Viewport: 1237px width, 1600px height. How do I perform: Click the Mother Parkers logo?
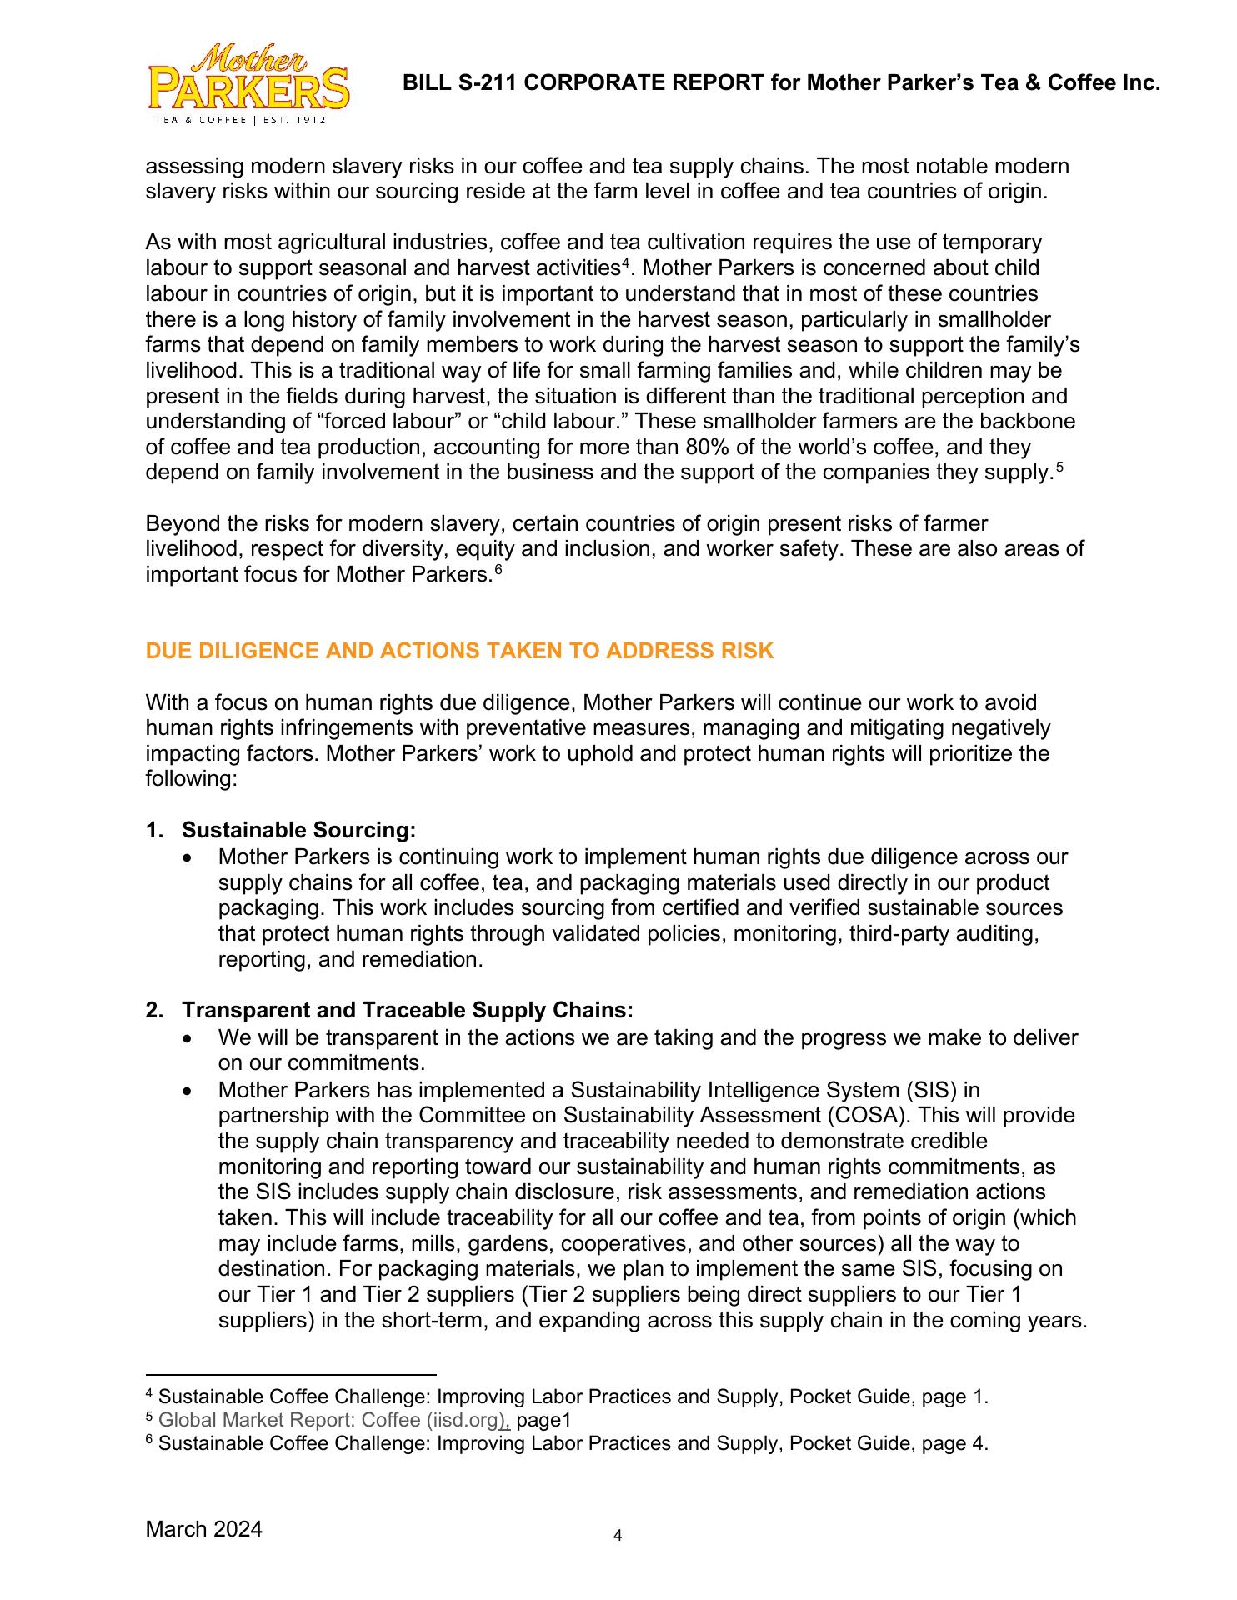pos(248,84)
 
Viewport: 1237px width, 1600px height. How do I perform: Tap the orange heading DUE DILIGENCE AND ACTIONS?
pos(459,651)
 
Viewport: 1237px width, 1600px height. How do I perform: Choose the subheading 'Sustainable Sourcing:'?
pos(298,830)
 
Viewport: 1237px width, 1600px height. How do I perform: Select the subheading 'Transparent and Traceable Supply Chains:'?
pos(408,1010)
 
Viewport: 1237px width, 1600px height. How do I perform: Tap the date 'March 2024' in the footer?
pos(203,1529)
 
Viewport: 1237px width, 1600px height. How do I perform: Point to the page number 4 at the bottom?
pos(618,1535)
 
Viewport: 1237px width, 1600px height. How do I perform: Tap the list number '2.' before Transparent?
pos(155,1010)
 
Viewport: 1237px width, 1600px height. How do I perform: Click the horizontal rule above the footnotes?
pos(291,1375)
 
